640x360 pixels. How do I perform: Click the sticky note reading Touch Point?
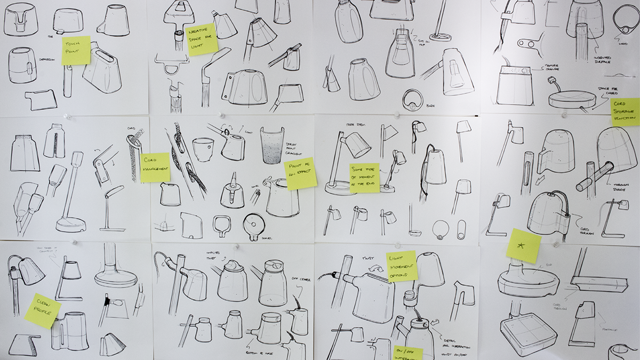[x=76, y=50]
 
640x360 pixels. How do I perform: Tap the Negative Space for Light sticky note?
[x=202, y=39]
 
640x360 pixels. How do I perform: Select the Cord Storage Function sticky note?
[x=625, y=111]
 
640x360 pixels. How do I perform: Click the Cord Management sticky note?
[x=155, y=167]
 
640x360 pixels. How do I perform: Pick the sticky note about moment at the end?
[x=365, y=178]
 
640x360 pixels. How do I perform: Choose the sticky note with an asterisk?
[x=524, y=245]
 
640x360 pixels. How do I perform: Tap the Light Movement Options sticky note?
[x=402, y=266]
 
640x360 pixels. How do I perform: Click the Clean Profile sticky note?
[x=43, y=310]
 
